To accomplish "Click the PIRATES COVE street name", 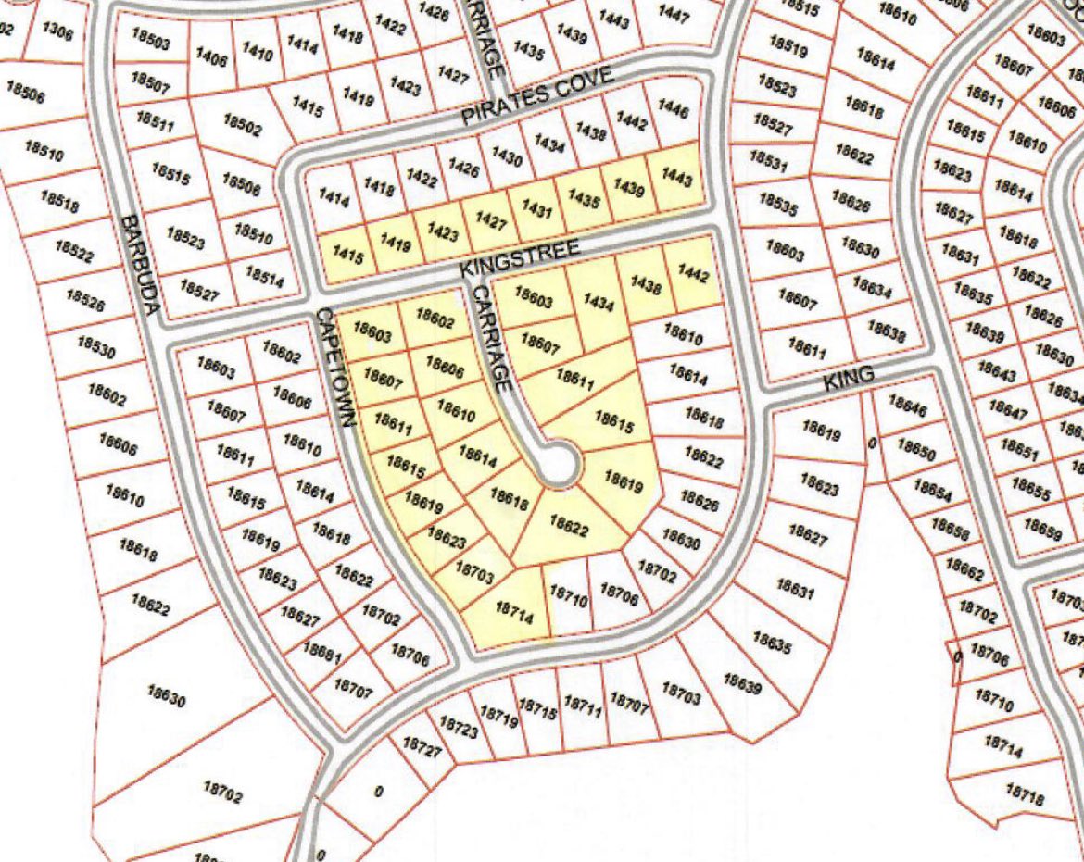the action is (x=537, y=98).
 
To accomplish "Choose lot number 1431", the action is (x=537, y=209).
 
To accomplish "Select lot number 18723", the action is (x=459, y=727).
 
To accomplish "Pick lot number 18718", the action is (x=1024, y=793).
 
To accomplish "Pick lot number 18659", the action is (x=1043, y=529).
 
